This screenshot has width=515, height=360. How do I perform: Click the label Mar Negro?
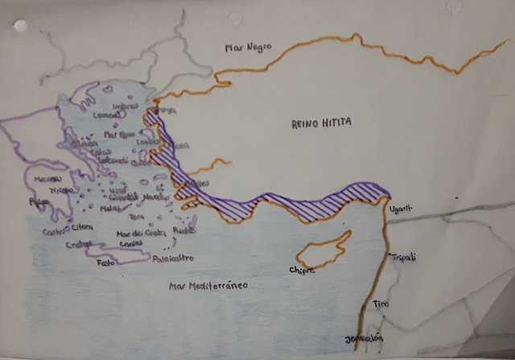coord(248,48)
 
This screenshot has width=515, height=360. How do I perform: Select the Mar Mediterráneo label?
coord(208,286)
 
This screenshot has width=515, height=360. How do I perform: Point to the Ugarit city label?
coord(401,209)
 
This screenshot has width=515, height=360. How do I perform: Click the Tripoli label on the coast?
coord(403,257)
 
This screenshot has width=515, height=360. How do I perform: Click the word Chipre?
coord(302,270)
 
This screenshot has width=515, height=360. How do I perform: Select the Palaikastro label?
coord(174,259)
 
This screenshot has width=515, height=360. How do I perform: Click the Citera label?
coord(81,227)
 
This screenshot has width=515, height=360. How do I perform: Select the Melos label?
coord(111,208)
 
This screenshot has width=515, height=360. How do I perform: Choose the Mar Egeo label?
coord(116,134)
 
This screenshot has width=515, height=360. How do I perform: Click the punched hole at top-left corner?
coord(20,26)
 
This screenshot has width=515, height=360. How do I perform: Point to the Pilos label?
coord(38,201)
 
